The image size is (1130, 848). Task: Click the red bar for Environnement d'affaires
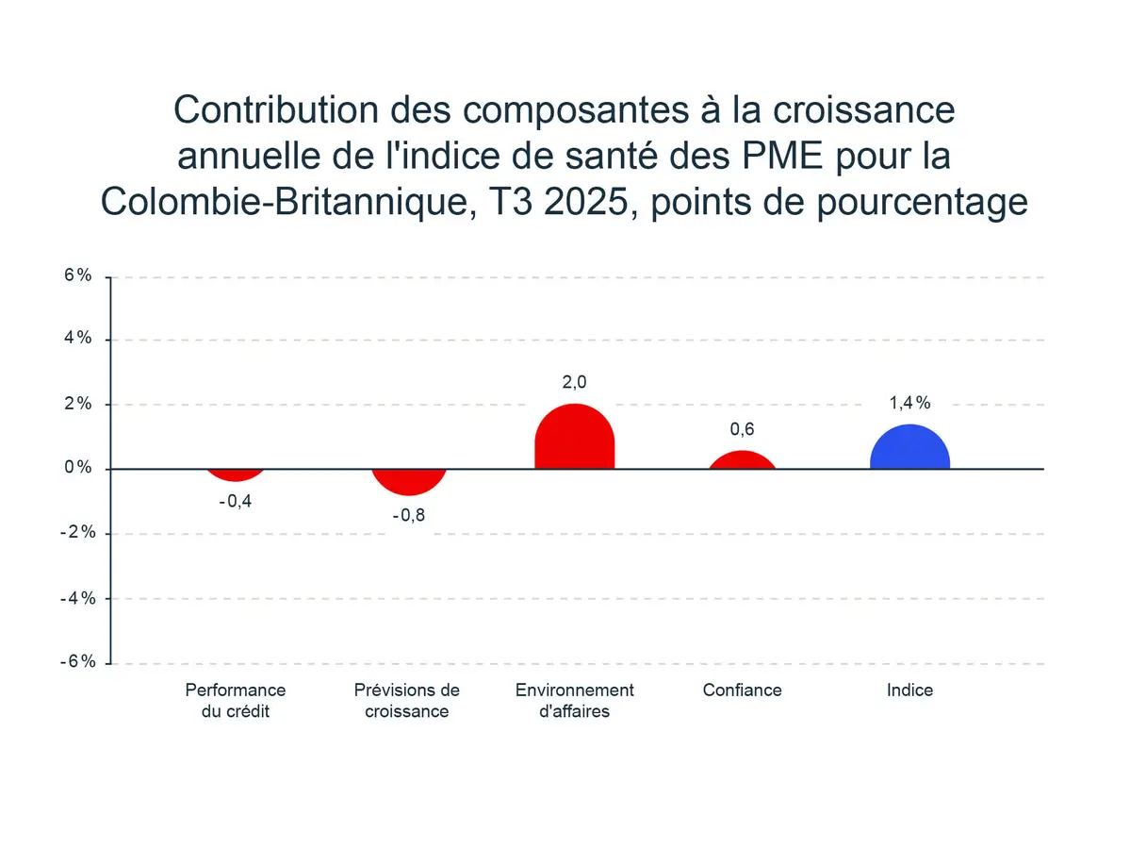coord(574,438)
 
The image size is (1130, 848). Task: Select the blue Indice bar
coord(909,448)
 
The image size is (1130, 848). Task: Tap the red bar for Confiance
coord(743,460)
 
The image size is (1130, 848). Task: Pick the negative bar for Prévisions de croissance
coord(408,480)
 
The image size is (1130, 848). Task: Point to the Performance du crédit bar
coord(236,474)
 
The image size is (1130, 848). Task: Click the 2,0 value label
coord(574,382)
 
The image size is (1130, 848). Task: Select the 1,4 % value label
coord(909,403)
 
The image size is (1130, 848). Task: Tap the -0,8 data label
coord(408,516)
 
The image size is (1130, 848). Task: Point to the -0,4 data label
coord(236,501)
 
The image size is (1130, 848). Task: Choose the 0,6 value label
coord(743,429)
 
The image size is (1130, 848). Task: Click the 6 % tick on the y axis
coord(78,275)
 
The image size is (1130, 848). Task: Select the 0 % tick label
coord(78,468)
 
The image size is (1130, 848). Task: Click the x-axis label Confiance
coord(743,690)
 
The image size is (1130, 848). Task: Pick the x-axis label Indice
coord(909,690)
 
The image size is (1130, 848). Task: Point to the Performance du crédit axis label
coord(236,700)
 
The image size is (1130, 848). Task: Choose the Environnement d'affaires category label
coord(574,700)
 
